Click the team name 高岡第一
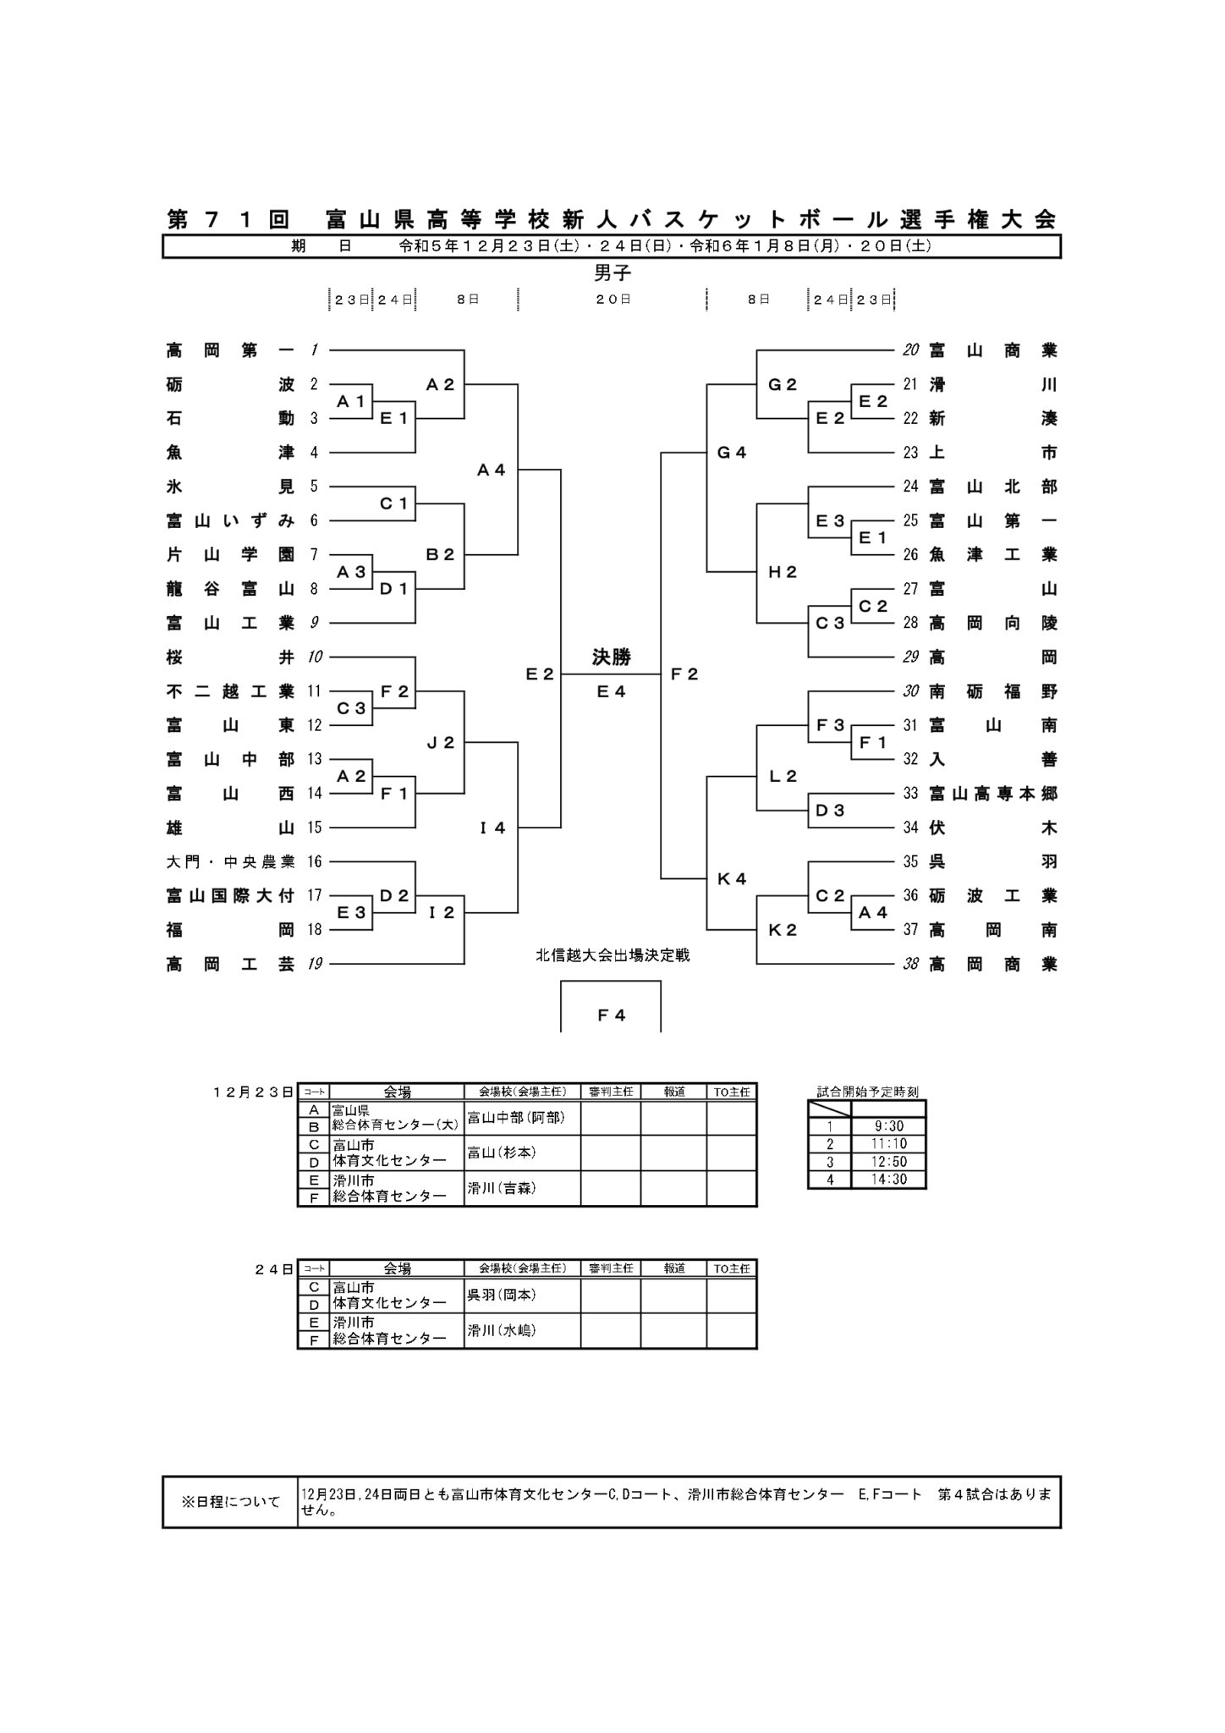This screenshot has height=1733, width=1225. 230,350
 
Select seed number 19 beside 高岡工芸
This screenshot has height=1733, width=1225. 315,964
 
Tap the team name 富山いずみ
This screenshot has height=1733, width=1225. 230,521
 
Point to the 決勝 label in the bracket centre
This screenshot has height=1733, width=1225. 611,657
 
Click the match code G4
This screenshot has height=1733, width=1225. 732,453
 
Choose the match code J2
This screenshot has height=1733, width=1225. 441,743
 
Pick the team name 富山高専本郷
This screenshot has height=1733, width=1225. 992,794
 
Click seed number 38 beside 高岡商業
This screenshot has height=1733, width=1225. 910,964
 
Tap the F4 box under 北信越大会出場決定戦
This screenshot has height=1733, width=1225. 611,1015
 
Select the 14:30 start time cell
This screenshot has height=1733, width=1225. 888,1180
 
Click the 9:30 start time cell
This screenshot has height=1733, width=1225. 888,1126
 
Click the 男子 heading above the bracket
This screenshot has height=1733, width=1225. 612,273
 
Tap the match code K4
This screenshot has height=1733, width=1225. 732,879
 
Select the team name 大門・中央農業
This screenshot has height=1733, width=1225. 230,862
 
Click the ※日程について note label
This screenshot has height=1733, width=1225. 230,1503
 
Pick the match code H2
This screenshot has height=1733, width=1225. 783,572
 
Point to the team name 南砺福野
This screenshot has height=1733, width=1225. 992,691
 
